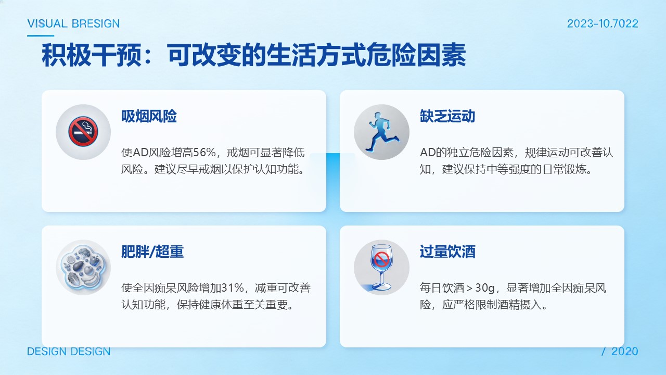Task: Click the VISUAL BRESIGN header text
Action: [x=73, y=23]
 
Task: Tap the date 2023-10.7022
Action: [x=603, y=23]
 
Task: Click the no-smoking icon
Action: [x=83, y=132]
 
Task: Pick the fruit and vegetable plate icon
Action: [x=83, y=267]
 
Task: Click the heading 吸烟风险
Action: [x=149, y=116]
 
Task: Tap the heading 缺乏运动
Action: [x=447, y=116]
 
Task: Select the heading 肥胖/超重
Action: [x=152, y=252]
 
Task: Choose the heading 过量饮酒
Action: [x=447, y=252]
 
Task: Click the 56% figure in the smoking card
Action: [x=204, y=153]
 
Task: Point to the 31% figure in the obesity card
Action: [x=233, y=288]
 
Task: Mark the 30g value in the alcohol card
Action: [x=485, y=288]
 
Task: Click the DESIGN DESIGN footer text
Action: [x=69, y=352]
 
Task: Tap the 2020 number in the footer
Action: [x=625, y=352]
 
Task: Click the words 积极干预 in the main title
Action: [x=92, y=55]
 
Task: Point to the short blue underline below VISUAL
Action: [x=41, y=36]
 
